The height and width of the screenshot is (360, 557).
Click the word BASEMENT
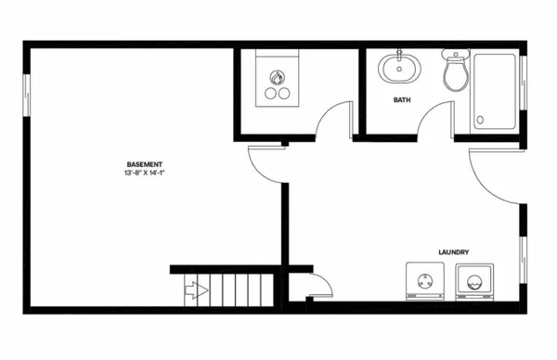tap(148, 164)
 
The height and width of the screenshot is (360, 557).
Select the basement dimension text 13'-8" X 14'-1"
tap(148, 174)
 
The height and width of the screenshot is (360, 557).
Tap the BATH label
tap(402, 99)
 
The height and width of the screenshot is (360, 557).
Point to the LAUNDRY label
tap(452, 252)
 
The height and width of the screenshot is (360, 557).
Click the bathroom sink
tap(399, 68)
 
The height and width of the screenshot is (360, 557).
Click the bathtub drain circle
tap(480, 119)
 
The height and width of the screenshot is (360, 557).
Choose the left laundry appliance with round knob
tap(425, 281)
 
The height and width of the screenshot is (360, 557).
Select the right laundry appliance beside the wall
tap(474, 281)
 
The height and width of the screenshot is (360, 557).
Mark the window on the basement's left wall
tap(27, 95)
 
